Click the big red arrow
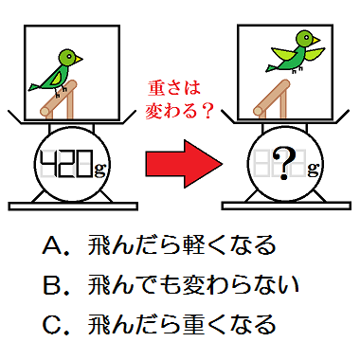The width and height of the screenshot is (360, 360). click(184, 164)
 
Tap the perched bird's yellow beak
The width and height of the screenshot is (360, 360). click(79, 59)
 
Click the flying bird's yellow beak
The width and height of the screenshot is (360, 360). click(315, 40)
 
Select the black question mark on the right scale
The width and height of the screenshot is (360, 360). click(284, 163)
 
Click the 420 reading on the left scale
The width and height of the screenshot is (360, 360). click(67, 164)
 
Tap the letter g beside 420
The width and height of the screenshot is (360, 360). click(99, 169)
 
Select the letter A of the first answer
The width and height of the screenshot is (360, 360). click(53, 245)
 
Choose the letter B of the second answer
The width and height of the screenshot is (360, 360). click(52, 285)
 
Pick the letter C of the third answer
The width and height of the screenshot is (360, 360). click(52, 325)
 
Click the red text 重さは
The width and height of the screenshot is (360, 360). click(174, 88)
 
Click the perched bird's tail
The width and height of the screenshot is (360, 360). click(35, 87)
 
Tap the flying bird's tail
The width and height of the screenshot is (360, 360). click(271, 67)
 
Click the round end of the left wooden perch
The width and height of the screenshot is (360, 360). click(45, 111)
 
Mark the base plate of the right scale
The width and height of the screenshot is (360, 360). click(286, 206)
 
